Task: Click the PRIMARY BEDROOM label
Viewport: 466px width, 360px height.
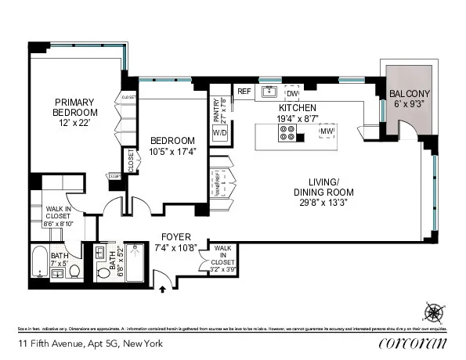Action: [x=74, y=106]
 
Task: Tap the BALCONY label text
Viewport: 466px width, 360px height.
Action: [x=410, y=95]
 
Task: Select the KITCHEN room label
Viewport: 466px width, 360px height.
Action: [x=298, y=107]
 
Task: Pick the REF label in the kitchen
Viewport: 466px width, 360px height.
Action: [x=244, y=92]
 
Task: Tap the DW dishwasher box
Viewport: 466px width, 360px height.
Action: [x=291, y=92]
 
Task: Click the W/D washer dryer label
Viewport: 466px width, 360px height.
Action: [x=220, y=133]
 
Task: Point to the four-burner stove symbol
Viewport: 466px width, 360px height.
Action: [x=287, y=135]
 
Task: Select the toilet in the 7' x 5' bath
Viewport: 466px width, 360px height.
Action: [x=74, y=271]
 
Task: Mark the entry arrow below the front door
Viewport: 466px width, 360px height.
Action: [x=164, y=290]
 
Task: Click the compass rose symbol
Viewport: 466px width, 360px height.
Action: [x=432, y=312]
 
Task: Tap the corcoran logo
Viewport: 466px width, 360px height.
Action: [x=412, y=344]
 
